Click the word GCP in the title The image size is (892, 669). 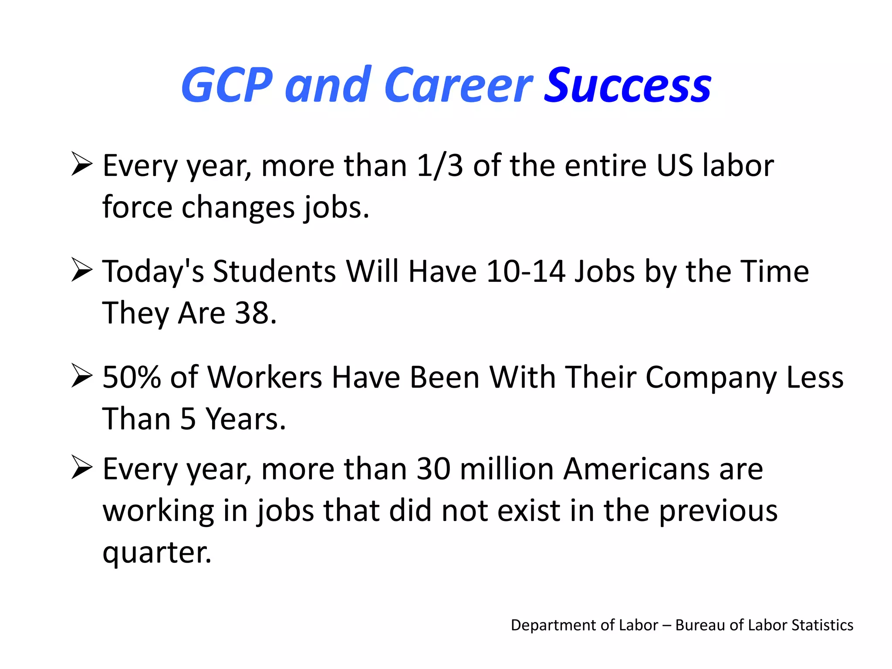click(x=227, y=85)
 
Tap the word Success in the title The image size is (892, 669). click(x=628, y=86)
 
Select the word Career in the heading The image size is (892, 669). click(x=459, y=86)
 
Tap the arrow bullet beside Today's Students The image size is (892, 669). click(x=82, y=270)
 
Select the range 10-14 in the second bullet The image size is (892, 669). click(x=525, y=271)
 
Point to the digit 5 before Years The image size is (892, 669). click(x=188, y=419)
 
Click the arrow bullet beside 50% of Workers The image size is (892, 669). click(x=82, y=376)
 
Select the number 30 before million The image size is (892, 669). click(x=433, y=469)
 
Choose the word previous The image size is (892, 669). click(x=718, y=511)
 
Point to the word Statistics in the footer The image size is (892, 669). click(x=822, y=625)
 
